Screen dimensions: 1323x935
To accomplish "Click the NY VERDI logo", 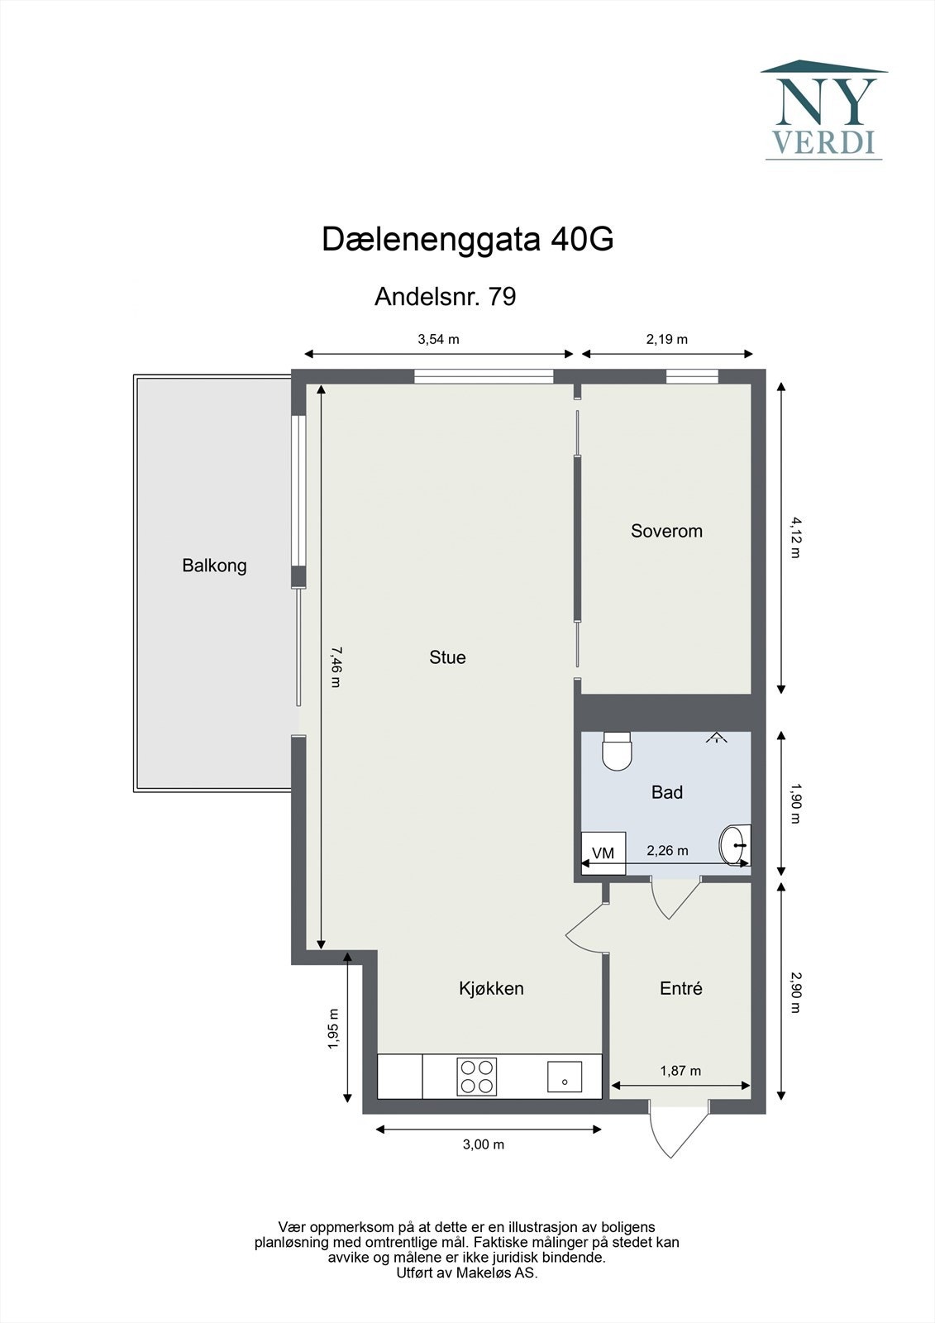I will (x=824, y=110).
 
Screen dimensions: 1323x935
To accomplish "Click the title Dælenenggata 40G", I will (x=467, y=240).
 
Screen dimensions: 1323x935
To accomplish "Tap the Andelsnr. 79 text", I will (x=445, y=296).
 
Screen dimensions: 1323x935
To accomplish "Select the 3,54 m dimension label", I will (x=438, y=339).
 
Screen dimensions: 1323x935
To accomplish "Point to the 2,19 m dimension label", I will (x=666, y=339).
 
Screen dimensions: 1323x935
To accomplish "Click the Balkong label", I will (x=214, y=566).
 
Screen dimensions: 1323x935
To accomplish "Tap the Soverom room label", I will (x=666, y=531).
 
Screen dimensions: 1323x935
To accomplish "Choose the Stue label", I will (x=447, y=657).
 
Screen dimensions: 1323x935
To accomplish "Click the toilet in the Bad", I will (x=617, y=751).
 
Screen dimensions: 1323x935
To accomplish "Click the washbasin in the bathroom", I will (x=734, y=845).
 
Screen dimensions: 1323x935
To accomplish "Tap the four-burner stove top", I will (x=477, y=1077).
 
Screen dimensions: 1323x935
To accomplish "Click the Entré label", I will (x=680, y=988).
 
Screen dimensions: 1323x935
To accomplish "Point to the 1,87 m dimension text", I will (x=680, y=1071).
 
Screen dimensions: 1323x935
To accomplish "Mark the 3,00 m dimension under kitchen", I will (x=484, y=1144).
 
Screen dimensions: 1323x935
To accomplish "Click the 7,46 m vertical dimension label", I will (x=334, y=666).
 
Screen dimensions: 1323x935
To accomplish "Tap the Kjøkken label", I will (x=491, y=988).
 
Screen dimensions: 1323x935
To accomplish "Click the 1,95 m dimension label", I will (x=333, y=1029).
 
